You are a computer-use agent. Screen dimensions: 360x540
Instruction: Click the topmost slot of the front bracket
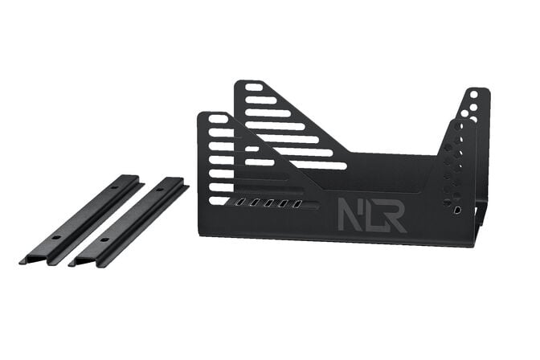(x=217, y=120)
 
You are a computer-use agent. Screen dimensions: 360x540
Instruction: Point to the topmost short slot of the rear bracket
(x=254, y=87)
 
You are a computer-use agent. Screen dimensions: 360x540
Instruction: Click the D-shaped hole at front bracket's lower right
(x=458, y=210)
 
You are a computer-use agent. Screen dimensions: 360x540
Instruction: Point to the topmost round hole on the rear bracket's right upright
(x=474, y=94)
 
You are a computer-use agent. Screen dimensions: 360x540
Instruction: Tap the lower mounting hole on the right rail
(x=104, y=239)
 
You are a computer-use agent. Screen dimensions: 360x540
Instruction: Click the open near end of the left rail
(x=31, y=258)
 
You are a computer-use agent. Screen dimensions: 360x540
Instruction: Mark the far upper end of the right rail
(x=178, y=182)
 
